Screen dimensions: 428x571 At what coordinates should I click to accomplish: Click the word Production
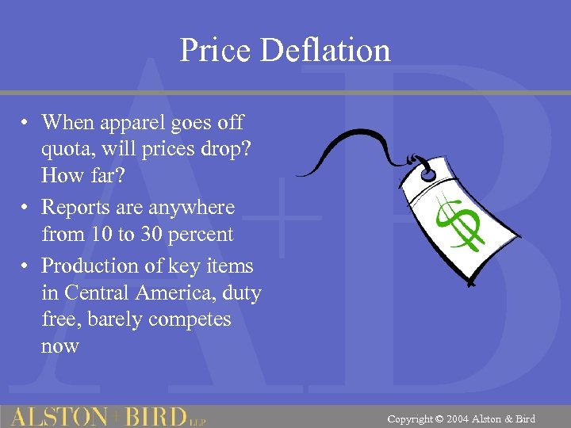(90, 266)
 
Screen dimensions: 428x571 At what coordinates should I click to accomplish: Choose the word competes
(194, 319)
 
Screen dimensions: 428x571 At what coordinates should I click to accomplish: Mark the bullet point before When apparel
(26, 124)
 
